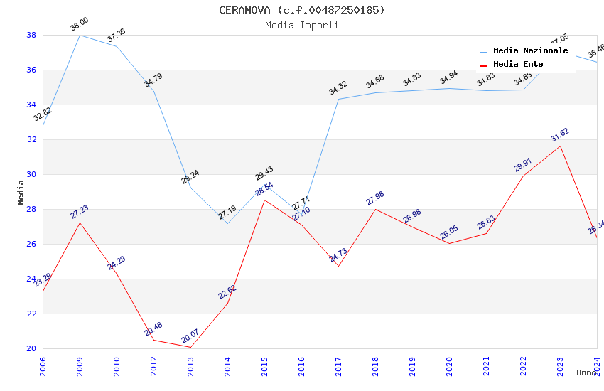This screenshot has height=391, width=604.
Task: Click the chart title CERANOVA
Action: [x=301, y=10]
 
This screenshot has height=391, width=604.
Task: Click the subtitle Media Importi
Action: [x=301, y=25]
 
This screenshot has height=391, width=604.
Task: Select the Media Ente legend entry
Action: [x=518, y=64]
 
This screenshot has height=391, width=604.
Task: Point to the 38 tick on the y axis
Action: [x=31, y=35]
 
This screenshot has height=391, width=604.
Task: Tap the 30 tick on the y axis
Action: [x=31, y=174]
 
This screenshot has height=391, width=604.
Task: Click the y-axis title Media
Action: [x=21, y=192]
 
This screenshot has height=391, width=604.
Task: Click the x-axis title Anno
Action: [x=586, y=373]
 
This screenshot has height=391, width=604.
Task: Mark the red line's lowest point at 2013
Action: [x=190, y=347]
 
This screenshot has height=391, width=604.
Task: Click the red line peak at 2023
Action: [x=560, y=146]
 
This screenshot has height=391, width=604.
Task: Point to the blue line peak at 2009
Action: [x=80, y=35]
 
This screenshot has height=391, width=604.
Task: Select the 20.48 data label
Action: [x=153, y=329]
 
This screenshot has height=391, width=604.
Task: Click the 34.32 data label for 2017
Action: [x=338, y=89]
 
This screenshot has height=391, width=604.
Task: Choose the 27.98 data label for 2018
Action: [x=375, y=198]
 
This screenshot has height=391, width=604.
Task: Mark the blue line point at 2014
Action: [x=227, y=223]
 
